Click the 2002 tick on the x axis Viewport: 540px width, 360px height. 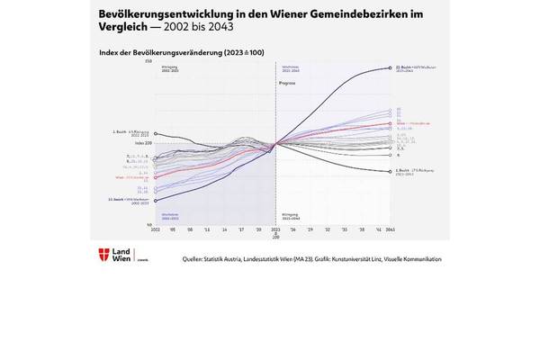click(x=155, y=230)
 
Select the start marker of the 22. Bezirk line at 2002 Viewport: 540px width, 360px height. click(x=155, y=199)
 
